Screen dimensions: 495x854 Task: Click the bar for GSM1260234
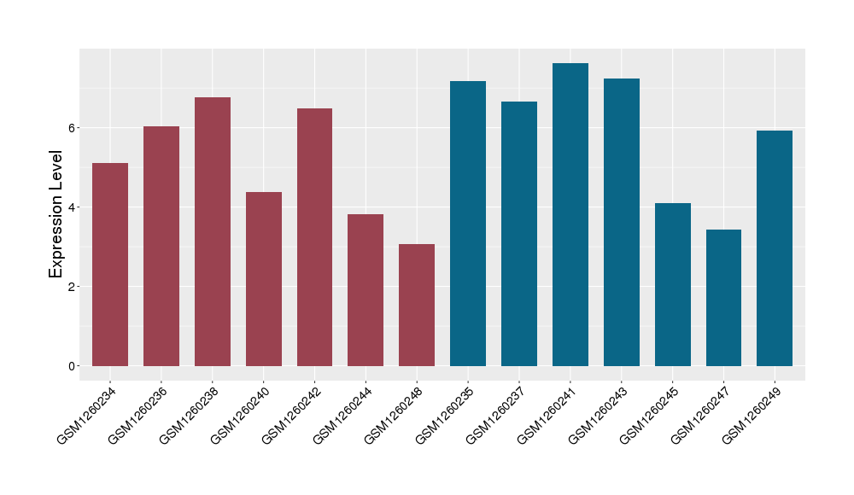point(110,265)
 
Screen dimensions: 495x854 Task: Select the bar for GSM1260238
point(213,231)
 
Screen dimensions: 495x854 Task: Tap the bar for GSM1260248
point(417,305)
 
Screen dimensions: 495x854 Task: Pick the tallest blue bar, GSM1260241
point(570,214)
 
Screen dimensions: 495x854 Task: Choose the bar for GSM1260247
point(723,298)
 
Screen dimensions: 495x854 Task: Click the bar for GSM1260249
point(775,248)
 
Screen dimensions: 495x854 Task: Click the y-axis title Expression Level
point(56,214)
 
